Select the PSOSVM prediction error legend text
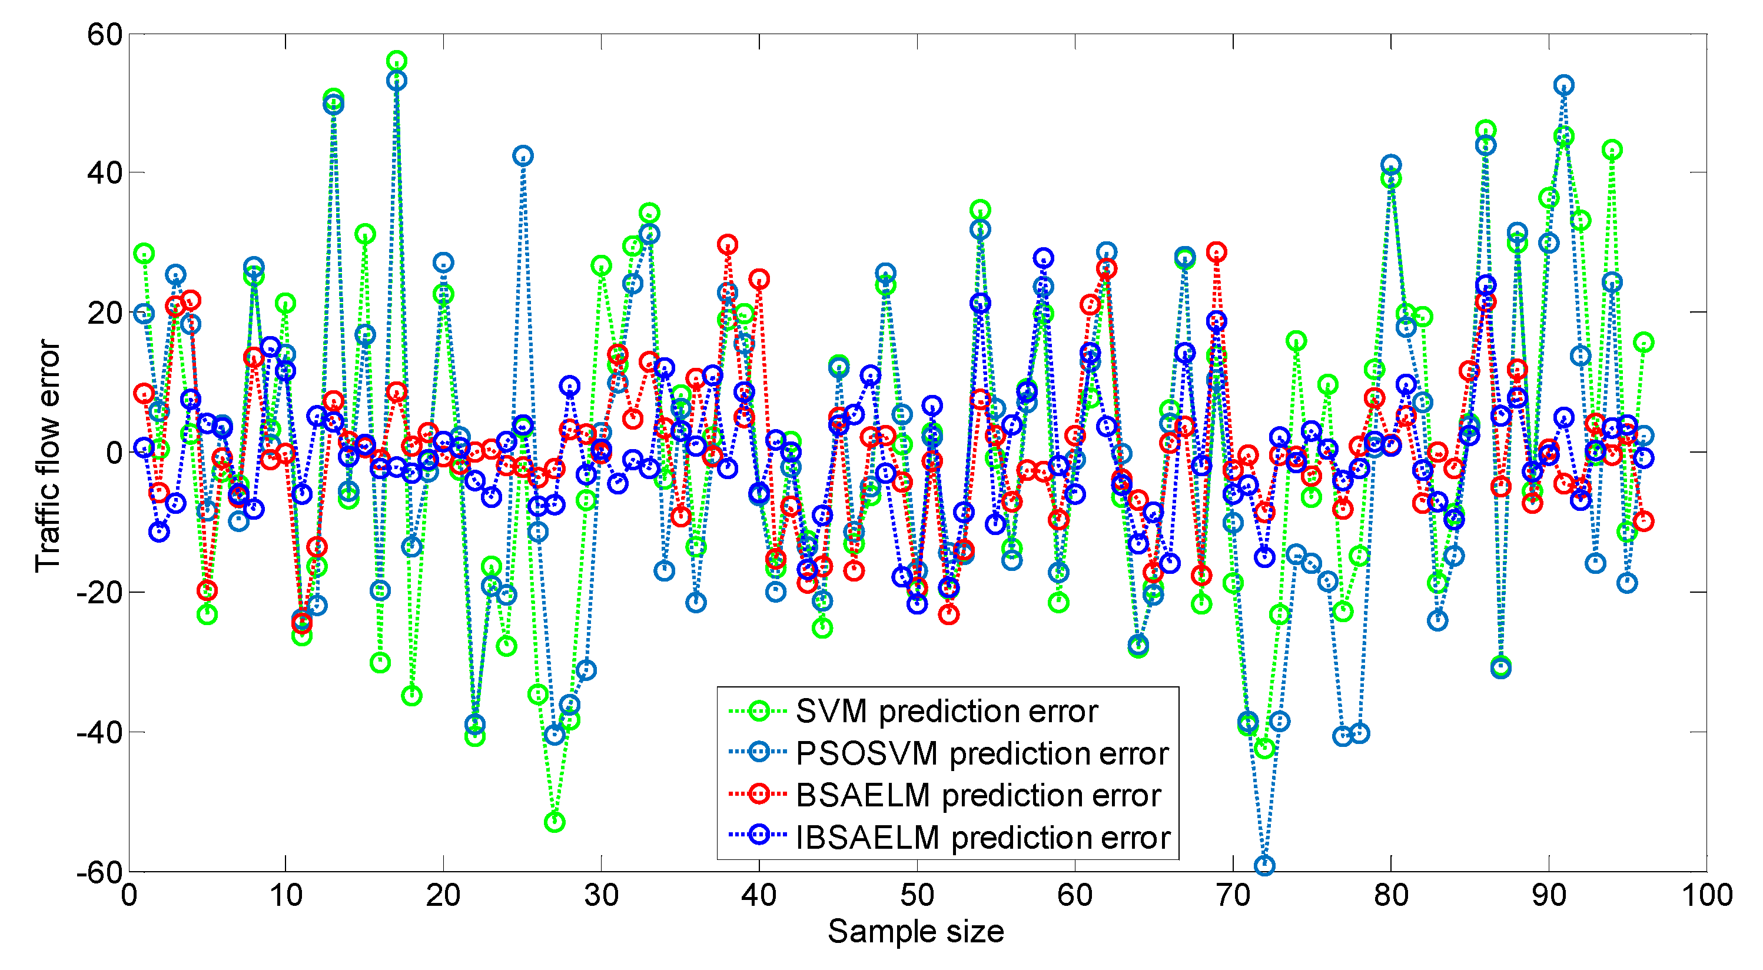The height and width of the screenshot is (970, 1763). tap(981, 753)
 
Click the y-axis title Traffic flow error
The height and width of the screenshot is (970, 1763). tap(48, 455)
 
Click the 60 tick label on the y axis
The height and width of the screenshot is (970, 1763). tap(104, 34)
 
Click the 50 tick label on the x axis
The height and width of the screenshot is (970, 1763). tap(917, 895)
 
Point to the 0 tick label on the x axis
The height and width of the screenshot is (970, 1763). tap(129, 895)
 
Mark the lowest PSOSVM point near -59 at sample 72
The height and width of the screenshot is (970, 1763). tap(1264, 865)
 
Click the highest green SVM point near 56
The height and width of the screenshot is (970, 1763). tap(396, 61)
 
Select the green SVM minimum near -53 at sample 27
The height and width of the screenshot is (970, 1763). tap(555, 822)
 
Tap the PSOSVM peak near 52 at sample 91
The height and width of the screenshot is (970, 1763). tap(1564, 85)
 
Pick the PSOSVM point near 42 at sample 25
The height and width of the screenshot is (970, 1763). tap(523, 155)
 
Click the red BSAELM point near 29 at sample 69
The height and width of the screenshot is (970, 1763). tap(1216, 251)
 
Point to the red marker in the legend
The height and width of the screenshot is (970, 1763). tap(758, 794)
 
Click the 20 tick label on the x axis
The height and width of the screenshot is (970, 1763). tap(443, 895)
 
